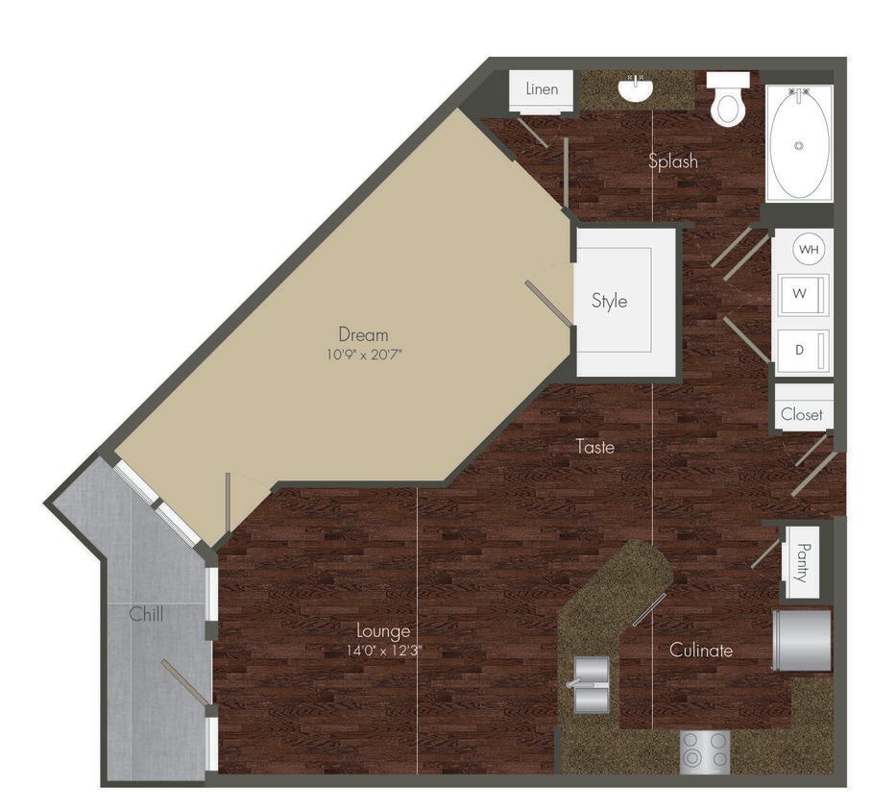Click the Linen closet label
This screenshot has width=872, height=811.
point(542,89)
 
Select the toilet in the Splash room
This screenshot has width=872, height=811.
point(729,101)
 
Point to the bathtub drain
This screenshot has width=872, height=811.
point(798,146)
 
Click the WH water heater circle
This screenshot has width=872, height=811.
point(810,250)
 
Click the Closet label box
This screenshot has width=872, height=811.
point(802,414)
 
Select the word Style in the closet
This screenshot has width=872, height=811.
point(609,301)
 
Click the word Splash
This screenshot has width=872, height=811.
point(672,161)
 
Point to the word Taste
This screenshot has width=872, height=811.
point(595,447)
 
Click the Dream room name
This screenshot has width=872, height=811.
point(363,334)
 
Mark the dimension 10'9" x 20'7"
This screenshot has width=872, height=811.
point(363,355)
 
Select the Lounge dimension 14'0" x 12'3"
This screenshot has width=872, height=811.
point(384,651)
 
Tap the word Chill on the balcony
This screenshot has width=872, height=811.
point(146,614)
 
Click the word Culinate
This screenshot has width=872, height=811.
point(701,651)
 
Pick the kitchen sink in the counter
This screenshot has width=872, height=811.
point(591,683)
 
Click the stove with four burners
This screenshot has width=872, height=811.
point(705,751)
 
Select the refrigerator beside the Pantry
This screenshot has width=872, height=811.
point(802,639)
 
